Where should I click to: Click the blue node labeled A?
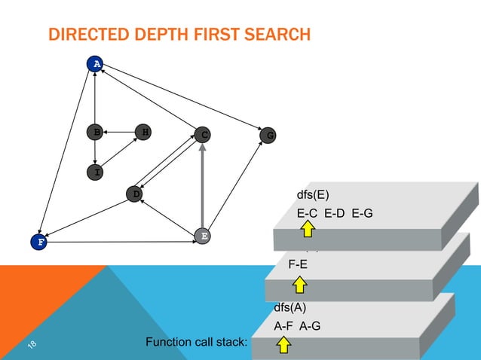tap(95, 64)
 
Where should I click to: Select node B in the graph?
tap(96, 133)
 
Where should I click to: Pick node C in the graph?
tap(202, 135)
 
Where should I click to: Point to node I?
tap(96, 172)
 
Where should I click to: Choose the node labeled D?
tap(135, 194)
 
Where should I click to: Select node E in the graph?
tap(202, 236)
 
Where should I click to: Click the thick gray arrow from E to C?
tap(202, 188)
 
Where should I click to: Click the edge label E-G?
tap(361, 214)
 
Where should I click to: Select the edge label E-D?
tap(335, 214)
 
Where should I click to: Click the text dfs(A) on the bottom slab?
tap(290, 307)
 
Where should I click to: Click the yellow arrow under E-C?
tap(308, 230)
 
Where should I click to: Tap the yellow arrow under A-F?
tap(283, 345)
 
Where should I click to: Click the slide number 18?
tap(32, 345)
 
